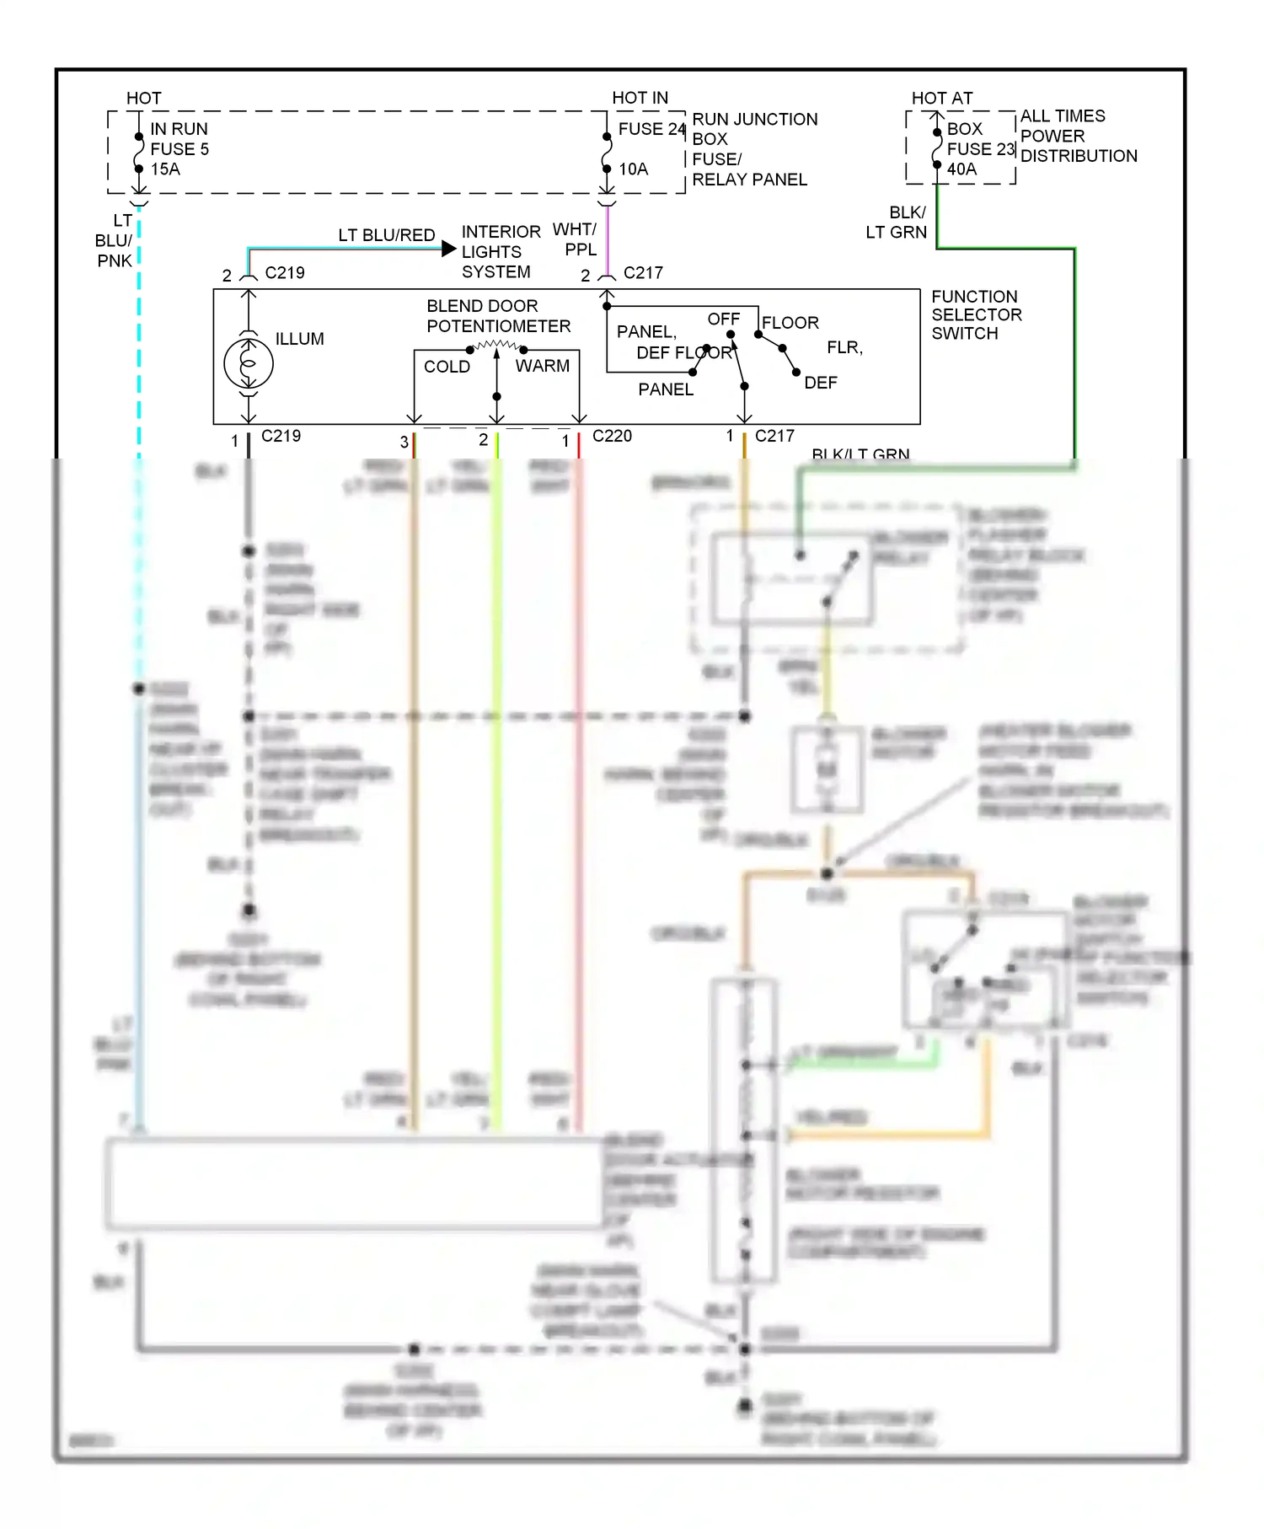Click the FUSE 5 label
pyautogui.click(x=179, y=149)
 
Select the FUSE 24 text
pyautogui.click(x=651, y=129)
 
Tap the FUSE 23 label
pyautogui.click(x=980, y=149)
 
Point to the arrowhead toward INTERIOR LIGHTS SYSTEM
pyautogui.click(x=449, y=249)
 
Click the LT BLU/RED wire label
pyautogui.click(x=387, y=235)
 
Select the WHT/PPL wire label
pyautogui.click(x=576, y=239)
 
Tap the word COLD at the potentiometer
pyautogui.click(x=447, y=367)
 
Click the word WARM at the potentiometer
pyautogui.click(x=542, y=366)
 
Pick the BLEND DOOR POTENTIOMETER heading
pyautogui.click(x=498, y=316)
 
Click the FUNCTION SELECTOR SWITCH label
pyautogui.click(x=976, y=315)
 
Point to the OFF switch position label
pyautogui.click(x=723, y=319)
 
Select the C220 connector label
pyautogui.click(x=612, y=436)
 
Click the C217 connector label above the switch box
pyautogui.click(x=643, y=273)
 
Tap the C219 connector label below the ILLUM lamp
pyautogui.click(x=281, y=436)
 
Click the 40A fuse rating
pyautogui.click(x=961, y=169)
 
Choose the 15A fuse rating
pyautogui.click(x=165, y=169)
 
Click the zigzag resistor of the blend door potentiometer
pyautogui.click(x=497, y=346)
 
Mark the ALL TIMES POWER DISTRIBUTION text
pyautogui.click(x=1078, y=136)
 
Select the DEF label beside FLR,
pyautogui.click(x=820, y=383)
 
